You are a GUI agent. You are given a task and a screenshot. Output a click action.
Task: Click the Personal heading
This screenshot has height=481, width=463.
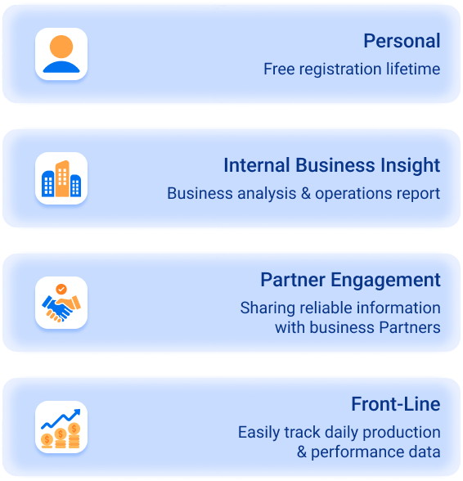coord(402,41)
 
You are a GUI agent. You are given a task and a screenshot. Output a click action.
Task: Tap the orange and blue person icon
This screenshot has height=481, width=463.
coord(61,54)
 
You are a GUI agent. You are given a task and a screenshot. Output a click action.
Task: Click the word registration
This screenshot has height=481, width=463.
coord(340,70)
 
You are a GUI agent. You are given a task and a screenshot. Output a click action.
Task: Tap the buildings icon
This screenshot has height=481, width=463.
coord(61,178)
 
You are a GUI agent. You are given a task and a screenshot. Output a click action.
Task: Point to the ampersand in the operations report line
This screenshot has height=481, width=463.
coord(306,194)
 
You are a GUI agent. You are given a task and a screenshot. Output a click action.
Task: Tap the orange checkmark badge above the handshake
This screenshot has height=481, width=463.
coord(61,289)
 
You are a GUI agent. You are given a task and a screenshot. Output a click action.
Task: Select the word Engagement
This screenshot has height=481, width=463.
coord(385,281)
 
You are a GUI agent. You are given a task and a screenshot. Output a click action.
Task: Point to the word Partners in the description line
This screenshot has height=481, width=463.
coord(410,327)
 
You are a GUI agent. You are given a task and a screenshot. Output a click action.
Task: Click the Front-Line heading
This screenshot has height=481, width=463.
coord(396,404)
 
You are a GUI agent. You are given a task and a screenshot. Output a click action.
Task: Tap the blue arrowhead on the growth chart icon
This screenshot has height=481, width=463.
coord(77,412)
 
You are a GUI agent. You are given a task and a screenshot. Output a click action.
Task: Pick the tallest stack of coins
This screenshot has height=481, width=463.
coord(74,435)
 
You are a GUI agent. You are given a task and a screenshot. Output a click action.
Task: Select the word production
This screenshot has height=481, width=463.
coord(402,433)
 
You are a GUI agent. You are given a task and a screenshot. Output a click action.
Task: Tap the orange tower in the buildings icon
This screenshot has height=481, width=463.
coord(62,178)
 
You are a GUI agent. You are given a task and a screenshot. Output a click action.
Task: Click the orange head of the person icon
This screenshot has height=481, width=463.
coord(61,47)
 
